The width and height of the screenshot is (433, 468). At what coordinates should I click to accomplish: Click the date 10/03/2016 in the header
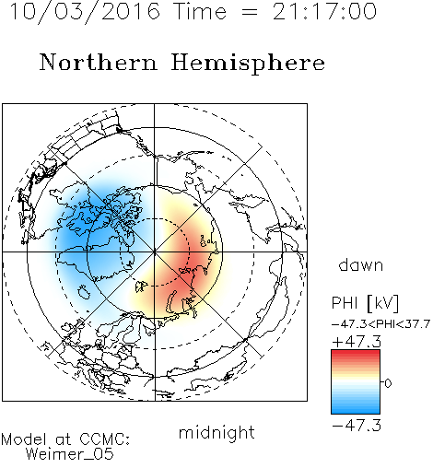[85, 12]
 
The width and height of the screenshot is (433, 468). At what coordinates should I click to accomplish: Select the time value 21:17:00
[324, 12]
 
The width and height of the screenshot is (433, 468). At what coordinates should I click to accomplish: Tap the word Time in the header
[200, 12]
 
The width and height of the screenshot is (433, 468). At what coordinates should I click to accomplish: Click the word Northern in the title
[99, 62]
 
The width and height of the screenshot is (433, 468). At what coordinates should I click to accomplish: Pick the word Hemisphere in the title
[248, 64]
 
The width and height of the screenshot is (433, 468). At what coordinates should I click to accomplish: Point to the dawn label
[361, 264]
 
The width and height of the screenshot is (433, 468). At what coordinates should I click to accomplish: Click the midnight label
[216, 432]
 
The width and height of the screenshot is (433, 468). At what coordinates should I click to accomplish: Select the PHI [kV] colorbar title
[365, 303]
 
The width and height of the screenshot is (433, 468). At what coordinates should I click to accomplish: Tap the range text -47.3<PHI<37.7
[380, 324]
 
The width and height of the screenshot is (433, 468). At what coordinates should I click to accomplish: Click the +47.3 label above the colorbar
[357, 342]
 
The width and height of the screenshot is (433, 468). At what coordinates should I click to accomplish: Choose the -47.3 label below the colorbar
[357, 426]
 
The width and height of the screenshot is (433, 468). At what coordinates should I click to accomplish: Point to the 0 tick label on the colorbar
[388, 383]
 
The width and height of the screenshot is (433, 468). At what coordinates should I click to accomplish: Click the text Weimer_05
[70, 454]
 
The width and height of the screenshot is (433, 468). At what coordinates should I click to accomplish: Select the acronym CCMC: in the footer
[104, 439]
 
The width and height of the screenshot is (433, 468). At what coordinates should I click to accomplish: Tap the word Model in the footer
[24, 439]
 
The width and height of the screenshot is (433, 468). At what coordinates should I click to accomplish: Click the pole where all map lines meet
[154, 252]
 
